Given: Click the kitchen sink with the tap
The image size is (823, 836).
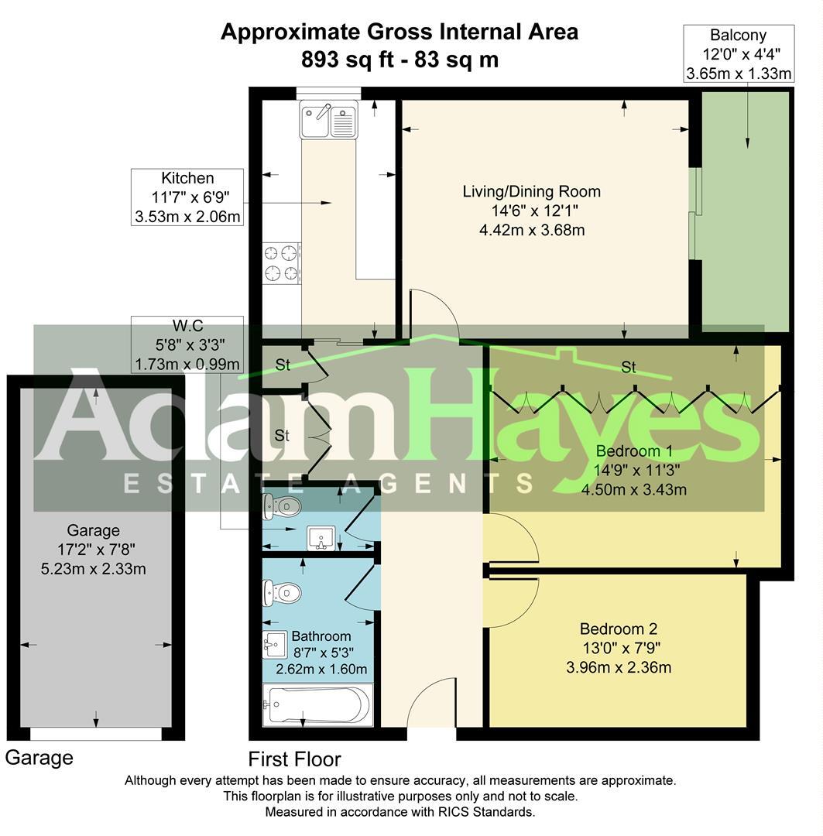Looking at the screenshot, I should pos(328,121).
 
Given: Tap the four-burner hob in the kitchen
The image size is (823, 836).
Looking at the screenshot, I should pos(281,262).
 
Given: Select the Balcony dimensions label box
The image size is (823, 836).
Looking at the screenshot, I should pos(739,54).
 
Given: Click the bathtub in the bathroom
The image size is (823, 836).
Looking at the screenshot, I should pos(317,705).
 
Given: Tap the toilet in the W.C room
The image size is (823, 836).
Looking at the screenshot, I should pos(279,506).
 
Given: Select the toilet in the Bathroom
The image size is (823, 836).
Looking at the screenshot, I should pos(280,594).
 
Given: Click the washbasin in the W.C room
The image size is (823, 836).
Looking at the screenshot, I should pos(321,537).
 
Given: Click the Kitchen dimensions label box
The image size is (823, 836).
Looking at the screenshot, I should pos(187,197).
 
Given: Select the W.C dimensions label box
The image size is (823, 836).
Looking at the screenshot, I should pos(187,344).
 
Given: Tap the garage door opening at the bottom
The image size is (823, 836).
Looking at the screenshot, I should pos(96,733).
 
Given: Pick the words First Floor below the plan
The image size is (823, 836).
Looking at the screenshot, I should pos(294,759).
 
